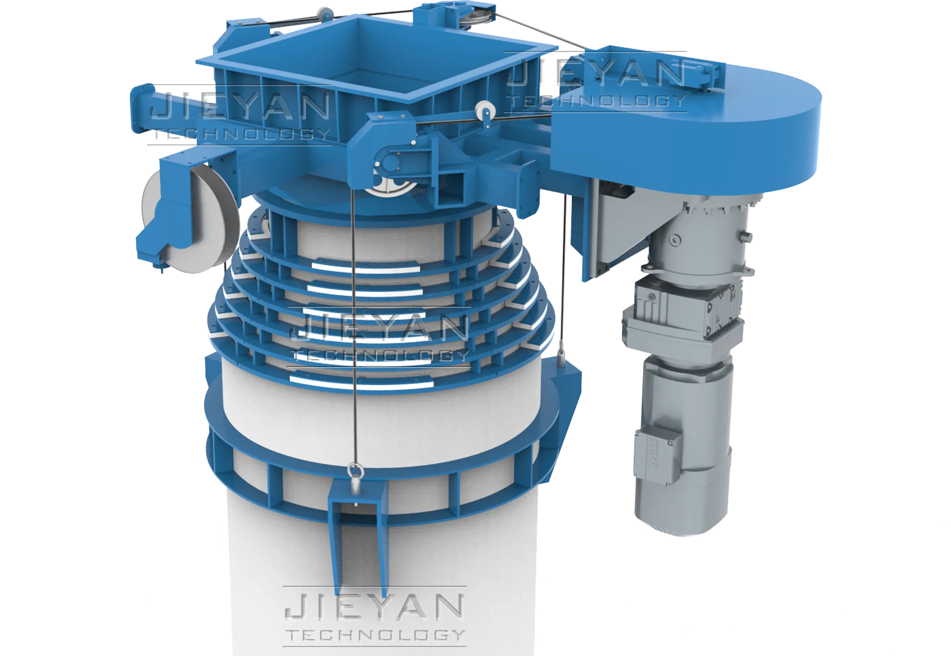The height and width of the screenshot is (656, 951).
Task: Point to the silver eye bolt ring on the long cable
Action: click(x=355, y=471)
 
